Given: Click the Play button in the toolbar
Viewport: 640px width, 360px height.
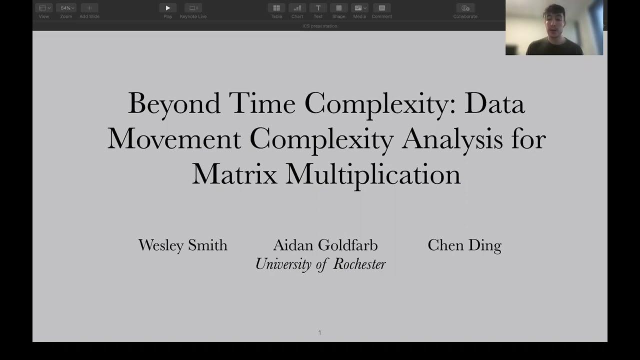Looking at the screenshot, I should coord(167,8).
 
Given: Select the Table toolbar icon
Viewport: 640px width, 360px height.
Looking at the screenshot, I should coord(276,8).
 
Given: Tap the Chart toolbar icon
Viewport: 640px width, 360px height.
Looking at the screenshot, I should coord(297,8).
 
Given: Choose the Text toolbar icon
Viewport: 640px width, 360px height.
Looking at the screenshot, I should coord(318,8).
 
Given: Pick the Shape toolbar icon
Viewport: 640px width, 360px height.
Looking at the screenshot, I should coord(338,8).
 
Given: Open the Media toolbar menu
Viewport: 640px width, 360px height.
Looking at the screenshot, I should coord(359,8).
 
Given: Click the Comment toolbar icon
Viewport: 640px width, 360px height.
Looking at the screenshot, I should coord(381,8).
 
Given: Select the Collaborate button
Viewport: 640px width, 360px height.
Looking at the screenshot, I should coord(465,8).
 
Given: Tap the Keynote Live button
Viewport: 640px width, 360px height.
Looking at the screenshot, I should coord(193,8).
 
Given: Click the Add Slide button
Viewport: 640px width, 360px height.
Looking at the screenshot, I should coord(89,8).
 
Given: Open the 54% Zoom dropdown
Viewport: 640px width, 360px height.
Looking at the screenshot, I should coord(66,8).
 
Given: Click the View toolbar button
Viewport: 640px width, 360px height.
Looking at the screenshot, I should coord(44,8).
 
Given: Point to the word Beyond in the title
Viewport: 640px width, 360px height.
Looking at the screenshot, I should coord(174,104).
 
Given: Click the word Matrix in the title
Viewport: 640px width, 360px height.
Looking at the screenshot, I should coord(234,174).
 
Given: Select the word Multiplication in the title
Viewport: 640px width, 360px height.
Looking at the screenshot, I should coord(373,174).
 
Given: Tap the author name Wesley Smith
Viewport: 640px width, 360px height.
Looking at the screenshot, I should coord(182,245).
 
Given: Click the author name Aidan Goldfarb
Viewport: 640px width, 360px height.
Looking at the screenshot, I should coord(325,245).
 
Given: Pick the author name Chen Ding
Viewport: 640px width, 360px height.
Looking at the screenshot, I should coord(464,245).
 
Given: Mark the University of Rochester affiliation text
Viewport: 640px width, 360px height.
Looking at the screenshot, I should coord(320,264).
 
